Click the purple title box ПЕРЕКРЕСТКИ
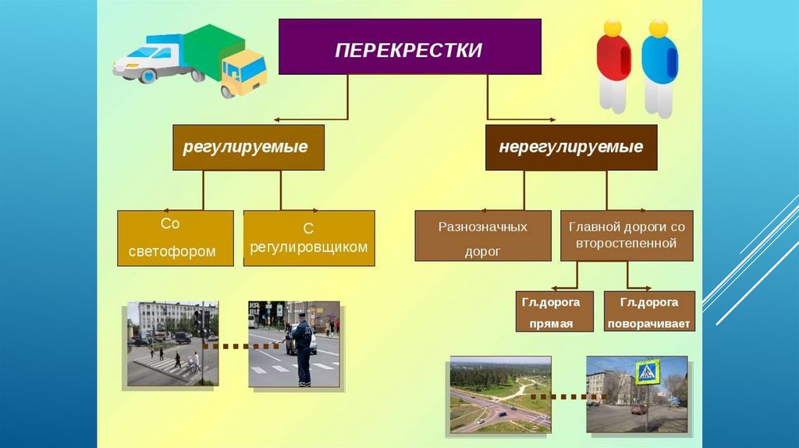410,47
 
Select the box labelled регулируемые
248,148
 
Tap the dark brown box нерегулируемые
570,148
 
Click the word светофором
172,252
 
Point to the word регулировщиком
309,247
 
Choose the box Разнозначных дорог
482,236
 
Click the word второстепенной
627,243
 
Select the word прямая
551,324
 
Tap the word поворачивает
648,324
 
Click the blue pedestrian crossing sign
647,372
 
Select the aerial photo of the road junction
500,394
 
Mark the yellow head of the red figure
613,27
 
